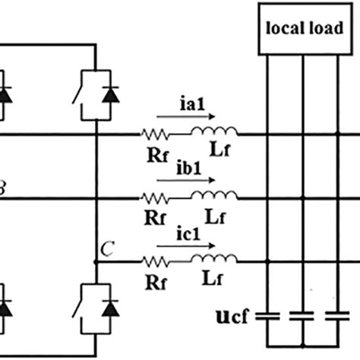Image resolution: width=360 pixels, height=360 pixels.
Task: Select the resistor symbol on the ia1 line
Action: coord(154,136)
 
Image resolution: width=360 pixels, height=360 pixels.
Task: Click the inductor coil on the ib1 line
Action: coord(213,198)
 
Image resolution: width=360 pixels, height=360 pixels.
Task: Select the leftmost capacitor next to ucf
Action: coord(267,317)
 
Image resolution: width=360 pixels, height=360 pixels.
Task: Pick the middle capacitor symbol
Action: coord(303,317)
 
